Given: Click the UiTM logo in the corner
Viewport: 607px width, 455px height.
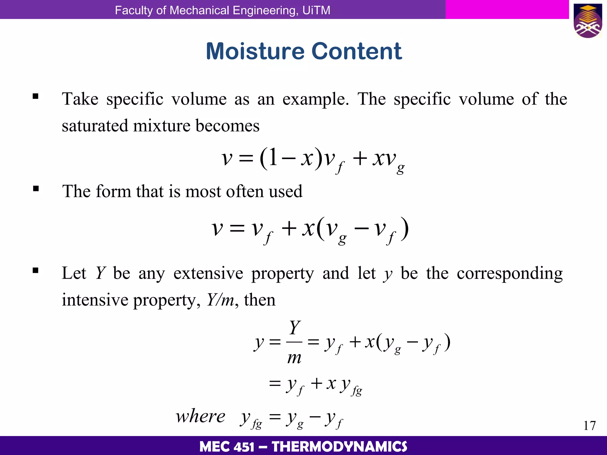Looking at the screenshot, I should [588, 21].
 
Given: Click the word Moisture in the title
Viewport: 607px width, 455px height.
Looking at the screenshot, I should [255, 51].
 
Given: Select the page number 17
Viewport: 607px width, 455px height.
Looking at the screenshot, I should [589, 426].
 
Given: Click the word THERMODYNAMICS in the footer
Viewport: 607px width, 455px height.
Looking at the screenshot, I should [339, 446].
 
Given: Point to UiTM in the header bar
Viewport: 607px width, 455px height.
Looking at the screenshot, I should [316, 10].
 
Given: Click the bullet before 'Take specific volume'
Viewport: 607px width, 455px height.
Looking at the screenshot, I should [36, 96].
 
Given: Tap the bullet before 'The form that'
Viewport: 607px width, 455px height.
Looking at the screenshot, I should [36, 189].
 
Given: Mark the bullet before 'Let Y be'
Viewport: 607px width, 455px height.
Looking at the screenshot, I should [36, 270].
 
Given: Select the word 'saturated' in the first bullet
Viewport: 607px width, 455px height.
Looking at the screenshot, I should [95, 126].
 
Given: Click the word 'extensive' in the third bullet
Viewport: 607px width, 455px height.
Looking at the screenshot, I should [208, 273].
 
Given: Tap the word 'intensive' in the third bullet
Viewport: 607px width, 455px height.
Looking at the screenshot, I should [95, 300].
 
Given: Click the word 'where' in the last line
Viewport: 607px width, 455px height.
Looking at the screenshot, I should [201, 416].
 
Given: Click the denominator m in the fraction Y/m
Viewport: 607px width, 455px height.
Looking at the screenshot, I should [294, 358].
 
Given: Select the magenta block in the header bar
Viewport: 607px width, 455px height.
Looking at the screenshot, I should [507, 9].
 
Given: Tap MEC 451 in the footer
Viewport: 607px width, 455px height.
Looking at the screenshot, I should [227, 446].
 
